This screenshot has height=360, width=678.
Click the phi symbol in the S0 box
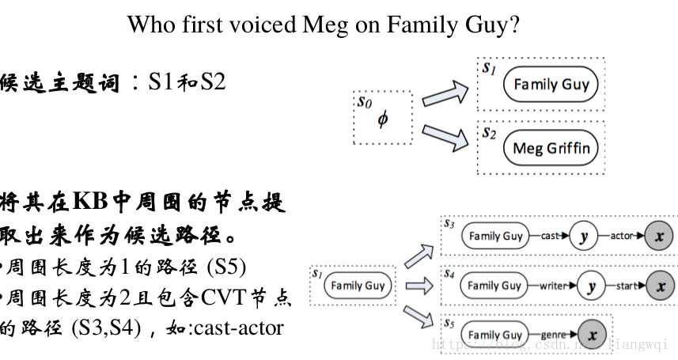pyautogui.click(x=383, y=119)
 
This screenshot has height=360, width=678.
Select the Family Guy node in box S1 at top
pyautogui.click(x=551, y=85)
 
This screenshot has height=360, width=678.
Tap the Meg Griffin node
pyautogui.click(x=551, y=148)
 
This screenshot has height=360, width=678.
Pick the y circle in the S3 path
pyautogui.click(x=583, y=236)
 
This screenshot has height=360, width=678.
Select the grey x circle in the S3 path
pyautogui.click(x=660, y=236)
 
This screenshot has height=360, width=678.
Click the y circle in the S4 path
pyautogui.click(x=589, y=286)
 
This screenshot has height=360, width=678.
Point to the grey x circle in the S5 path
pyautogui.click(x=593, y=335)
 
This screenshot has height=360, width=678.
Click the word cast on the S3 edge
pyautogui.click(x=550, y=236)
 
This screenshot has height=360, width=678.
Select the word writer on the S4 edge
pyautogui.click(x=551, y=286)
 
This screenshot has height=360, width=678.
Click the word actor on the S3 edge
pyautogui.click(x=620, y=236)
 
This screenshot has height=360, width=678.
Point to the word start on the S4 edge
pyautogui.click(x=625, y=286)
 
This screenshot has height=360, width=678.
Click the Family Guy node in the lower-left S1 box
pyautogui.click(x=358, y=286)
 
